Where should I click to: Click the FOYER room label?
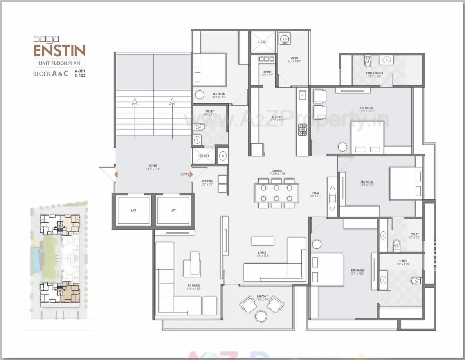tap(153, 166)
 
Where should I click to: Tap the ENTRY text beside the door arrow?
tap(185, 174)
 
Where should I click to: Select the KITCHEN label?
tap(277, 117)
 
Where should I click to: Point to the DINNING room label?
tap(277, 171)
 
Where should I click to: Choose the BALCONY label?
tap(262, 297)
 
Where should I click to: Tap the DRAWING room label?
tap(194, 286)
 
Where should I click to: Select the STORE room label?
tap(267, 72)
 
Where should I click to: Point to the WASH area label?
tap(294, 58)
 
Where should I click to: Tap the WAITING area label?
tap(207, 181)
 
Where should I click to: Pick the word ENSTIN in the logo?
tap(59, 51)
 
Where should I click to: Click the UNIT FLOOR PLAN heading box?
tap(59, 63)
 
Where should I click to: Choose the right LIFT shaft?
tap(173, 210)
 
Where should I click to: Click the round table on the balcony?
tap(261, 316)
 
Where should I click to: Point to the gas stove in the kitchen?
tap(302, 130)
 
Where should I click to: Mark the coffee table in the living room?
tap(263, 241)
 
